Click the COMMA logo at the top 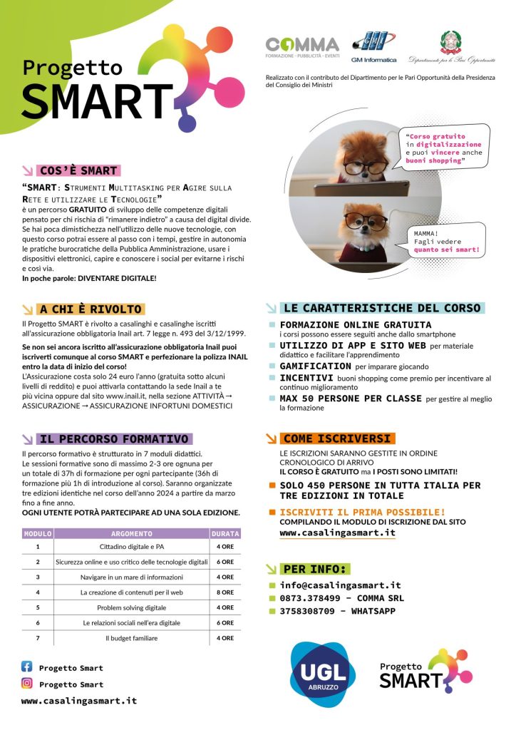[302, 47]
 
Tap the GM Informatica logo [373, 47]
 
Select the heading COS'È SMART [78, 170]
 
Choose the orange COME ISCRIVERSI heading [336, 438]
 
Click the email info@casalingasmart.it [340, 585]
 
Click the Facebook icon [27, 667]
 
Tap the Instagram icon [27, 683]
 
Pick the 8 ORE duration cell [225, 592]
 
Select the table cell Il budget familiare [132, 638]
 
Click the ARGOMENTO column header [132, 533]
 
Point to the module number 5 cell [37, 607]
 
